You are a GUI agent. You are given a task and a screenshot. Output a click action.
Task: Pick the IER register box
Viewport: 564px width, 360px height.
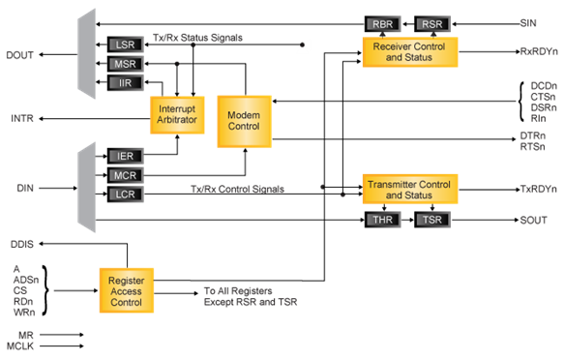pyautogui.click(x=126, y=156)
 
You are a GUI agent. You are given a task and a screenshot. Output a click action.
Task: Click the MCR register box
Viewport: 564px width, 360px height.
pyautogui.click(x=126, y=175)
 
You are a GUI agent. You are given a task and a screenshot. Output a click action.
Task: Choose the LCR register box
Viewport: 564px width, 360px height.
pyautogui.click(x=126, y=195)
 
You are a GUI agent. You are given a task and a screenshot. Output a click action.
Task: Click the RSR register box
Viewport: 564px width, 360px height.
pyautogui.click(x=431, y=23)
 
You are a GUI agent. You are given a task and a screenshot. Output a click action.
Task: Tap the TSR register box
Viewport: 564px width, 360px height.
pyautogui.click(x=431, y=220)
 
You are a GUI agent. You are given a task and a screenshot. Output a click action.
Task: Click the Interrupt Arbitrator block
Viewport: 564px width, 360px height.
pyautogui.click(x=177, y=115)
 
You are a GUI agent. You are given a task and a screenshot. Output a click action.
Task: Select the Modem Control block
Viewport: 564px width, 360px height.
pyautogui.click(x=244, y=115)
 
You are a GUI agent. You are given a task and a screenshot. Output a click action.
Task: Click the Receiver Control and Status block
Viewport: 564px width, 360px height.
pyautogui.click(x=409, y=51)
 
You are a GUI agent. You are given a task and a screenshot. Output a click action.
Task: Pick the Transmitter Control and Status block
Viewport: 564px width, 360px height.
pyautogui.click(x=409, y=189)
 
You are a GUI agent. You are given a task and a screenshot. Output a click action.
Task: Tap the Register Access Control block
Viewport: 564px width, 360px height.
pyautogui.click(x=126, y=289)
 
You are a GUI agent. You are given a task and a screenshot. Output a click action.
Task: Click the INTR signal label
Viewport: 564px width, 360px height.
pyautogui.click(x=22, y=119)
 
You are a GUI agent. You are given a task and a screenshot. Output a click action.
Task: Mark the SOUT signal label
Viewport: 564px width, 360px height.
pyautogui.click(x=533, y=221)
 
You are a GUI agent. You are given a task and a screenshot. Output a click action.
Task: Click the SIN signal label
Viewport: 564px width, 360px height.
pyautogui.click(x=529, y=20)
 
